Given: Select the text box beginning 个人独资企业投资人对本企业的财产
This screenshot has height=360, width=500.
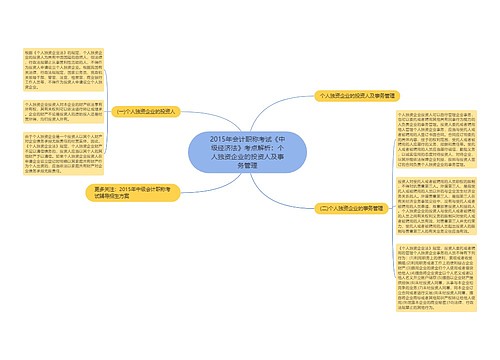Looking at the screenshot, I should [x=56, y=109].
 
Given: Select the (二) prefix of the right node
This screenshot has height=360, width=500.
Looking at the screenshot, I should [x=324, y=209].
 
